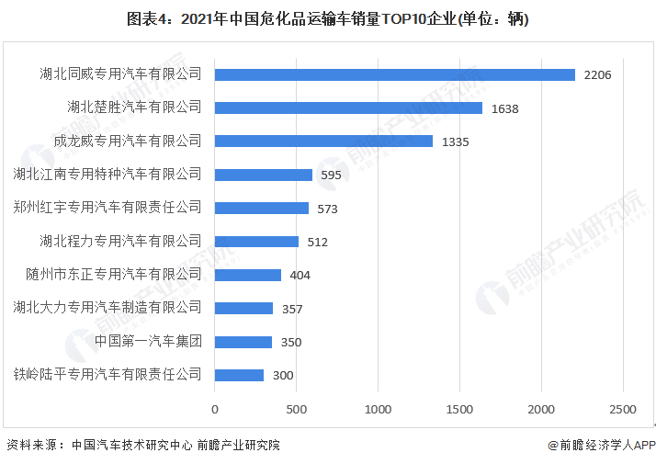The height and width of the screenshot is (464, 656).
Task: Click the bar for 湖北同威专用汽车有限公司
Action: [395, 74]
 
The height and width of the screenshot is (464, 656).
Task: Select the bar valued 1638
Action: [349, 108]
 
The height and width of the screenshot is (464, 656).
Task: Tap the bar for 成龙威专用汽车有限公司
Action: [324, 141]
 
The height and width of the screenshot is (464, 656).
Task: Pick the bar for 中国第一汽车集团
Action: [243, 342]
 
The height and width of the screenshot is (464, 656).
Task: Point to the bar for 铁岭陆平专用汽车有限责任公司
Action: [240, 375]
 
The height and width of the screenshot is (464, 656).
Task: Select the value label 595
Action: [332, 175]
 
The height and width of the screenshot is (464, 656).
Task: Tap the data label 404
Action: [300, 276]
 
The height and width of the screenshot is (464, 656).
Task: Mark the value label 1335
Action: [456, 141]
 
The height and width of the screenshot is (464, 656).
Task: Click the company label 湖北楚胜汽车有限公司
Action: [134, 108]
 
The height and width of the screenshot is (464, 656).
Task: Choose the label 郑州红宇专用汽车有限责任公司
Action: [107, 208]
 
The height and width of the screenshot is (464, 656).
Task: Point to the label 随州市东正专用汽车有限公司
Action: [114, 275]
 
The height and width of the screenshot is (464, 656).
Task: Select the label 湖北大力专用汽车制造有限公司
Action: [107, 308]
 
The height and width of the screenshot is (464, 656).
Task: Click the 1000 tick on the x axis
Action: [379, 408]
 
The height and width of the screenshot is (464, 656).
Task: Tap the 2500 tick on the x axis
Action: [623, 408]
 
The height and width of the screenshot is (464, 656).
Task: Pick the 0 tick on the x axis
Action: [216, 408]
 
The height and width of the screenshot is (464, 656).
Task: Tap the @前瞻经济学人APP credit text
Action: [602, 446]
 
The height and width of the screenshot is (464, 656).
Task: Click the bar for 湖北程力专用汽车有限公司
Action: [257, 242]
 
